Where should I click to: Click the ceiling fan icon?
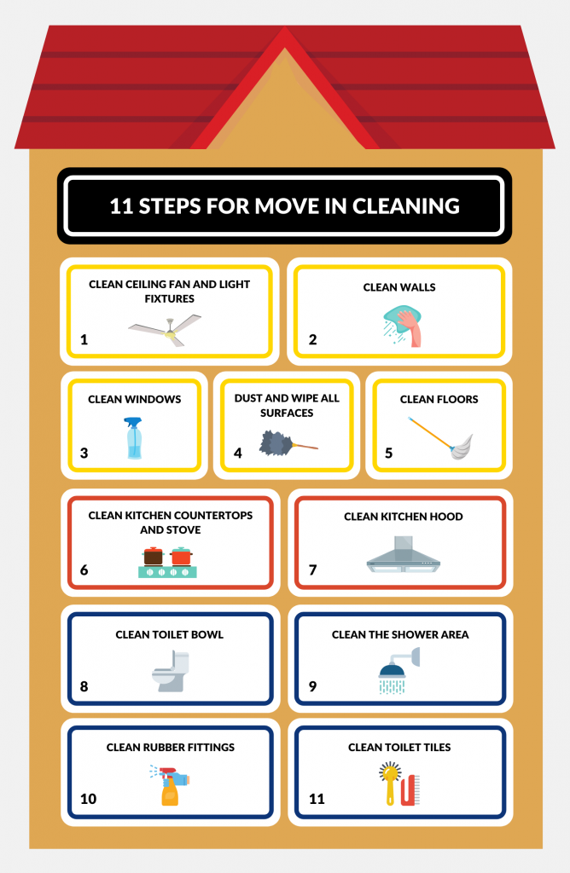tap(165, 330)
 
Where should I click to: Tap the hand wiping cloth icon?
tap(402, 326)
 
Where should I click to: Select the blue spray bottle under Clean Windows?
tap(134, 438)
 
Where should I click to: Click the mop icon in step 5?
tap(441, 437)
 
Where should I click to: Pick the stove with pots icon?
tap(168, 563)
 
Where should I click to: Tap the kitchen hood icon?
tap(404, 554)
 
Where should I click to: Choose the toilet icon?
tap(171, 672)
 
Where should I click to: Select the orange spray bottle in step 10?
tap(170, 785)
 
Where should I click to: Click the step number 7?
tap(312, 570)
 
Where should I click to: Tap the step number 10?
tap(88, 799)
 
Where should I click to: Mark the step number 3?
tap(84, 453)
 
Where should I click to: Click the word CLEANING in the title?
tap(405, 206)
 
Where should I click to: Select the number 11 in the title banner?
tap(121, 206)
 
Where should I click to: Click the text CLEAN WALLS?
tap(399, 287)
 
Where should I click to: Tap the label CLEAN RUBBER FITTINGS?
tap(171, 747)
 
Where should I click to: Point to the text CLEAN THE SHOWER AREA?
tap(400, 634)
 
